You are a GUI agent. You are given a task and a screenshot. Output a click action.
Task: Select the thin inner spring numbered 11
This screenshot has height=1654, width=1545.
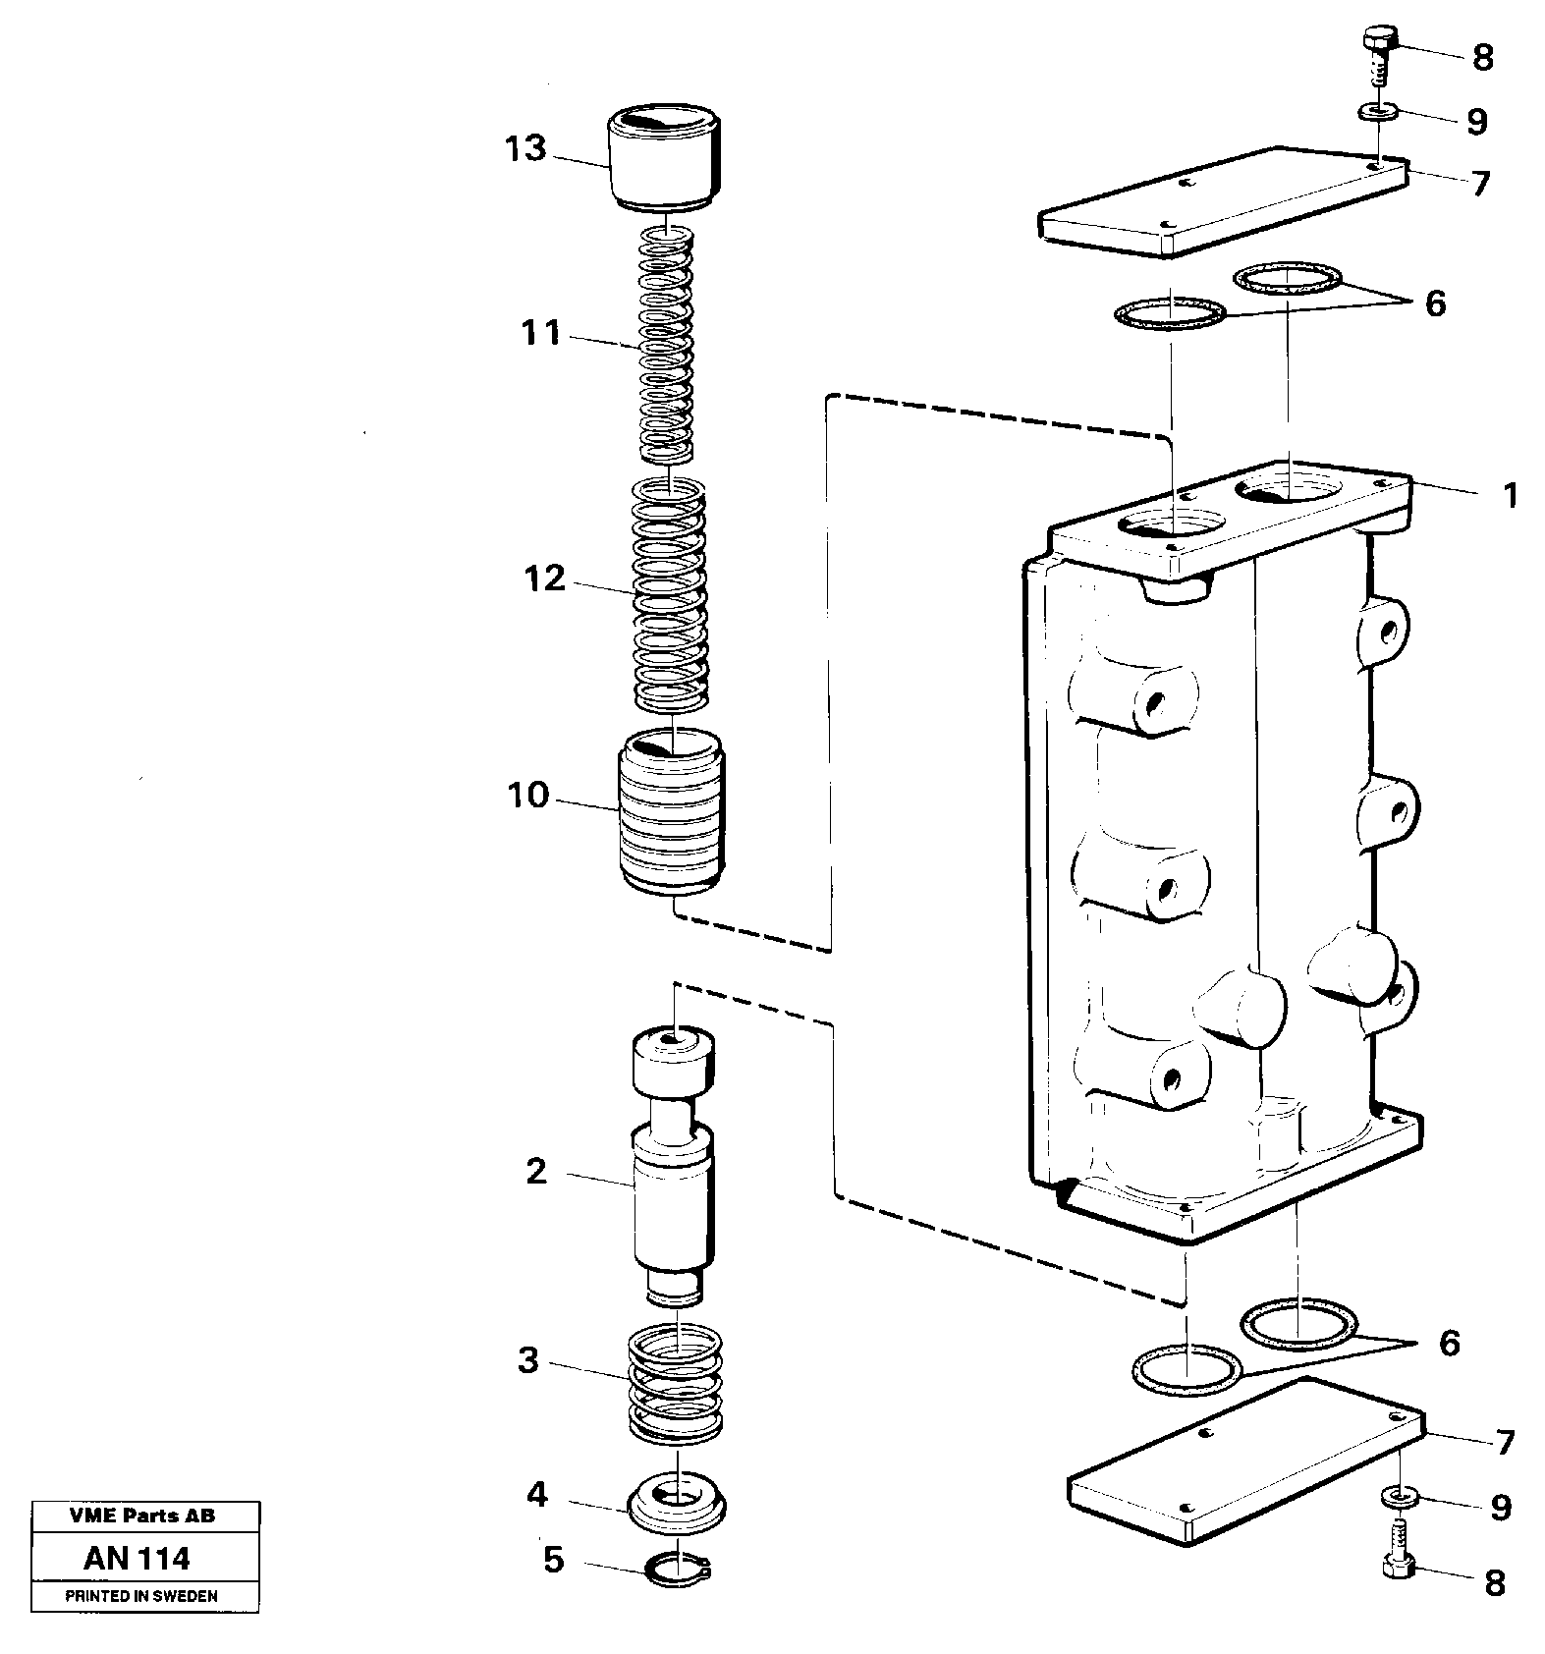[x=667, y=344]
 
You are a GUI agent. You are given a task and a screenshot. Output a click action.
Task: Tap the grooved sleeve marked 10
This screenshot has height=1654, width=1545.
[x=672, y=812]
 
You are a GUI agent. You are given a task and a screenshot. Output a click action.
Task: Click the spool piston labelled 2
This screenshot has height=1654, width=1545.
[x=673, y=1169]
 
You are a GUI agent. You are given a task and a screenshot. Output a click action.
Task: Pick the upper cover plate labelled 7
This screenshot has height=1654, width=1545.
[x=1223, y=203]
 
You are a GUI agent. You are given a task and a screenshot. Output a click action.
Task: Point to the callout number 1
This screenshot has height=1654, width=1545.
[x=1511, y=495]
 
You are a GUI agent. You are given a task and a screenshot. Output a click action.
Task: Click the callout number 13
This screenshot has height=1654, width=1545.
[x=524, y=149]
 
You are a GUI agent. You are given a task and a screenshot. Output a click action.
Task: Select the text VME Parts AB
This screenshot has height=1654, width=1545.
[x=142, y=1516]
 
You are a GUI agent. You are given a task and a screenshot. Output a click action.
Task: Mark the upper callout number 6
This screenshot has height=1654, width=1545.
[x=1435, y=303]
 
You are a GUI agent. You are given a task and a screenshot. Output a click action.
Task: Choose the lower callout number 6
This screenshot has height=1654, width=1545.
[x=1450, y=1343]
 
